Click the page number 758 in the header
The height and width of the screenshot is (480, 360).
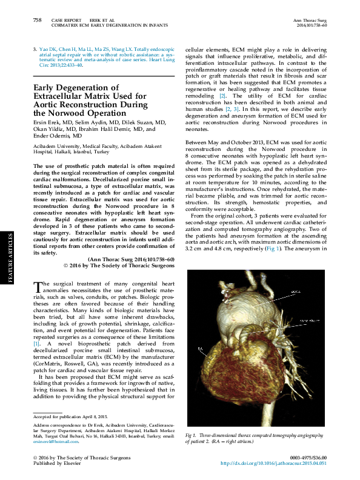click(x=37, y=20)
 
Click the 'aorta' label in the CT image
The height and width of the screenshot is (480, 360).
click(x=295, y=292)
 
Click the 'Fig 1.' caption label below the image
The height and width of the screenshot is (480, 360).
click(x=192, y=436)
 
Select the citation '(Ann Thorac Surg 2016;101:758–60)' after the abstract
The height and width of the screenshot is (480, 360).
click(x=131, y=259)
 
